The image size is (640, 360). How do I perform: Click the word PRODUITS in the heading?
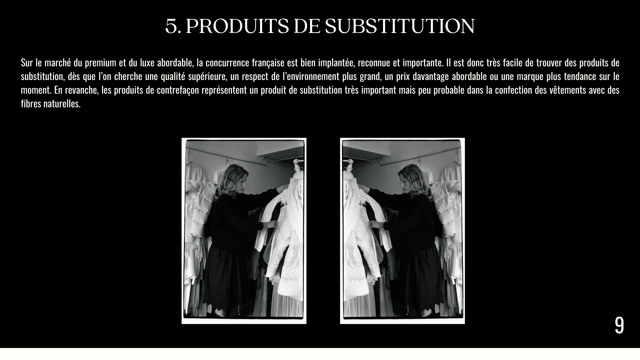coord(237,26)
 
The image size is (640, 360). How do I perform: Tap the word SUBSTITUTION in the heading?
coord(400,26)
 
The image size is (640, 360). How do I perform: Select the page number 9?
coord(619,325)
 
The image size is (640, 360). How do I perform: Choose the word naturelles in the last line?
coord(62,104)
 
